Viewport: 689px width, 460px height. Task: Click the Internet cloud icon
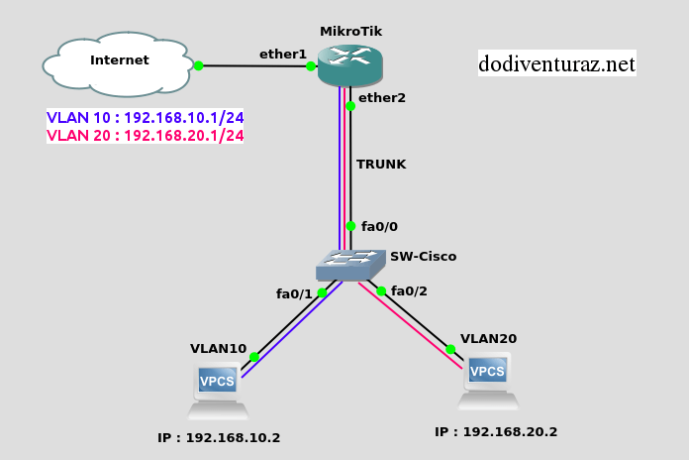click(118, 64)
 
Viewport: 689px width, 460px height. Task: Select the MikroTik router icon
click(350, 65)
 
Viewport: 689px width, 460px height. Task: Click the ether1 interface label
click(283, 54)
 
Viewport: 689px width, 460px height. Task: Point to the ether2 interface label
click(382, 97)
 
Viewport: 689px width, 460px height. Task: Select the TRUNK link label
click(381, 165)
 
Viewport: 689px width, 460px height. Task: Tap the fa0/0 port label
click(379, 227)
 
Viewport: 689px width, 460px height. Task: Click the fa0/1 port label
click(294, 293)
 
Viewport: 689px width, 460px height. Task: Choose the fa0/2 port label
click(409, 290)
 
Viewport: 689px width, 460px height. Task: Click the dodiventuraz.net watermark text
click(556, 64)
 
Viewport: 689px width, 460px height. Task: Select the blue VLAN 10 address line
click(146, 117)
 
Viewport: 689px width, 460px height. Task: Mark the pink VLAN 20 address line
click(146, 136)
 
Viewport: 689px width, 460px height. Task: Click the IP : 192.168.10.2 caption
click(219, 437)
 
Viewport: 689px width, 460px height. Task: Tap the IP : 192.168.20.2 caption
click(496, 431)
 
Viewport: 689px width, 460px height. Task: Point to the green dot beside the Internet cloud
click(198, 65)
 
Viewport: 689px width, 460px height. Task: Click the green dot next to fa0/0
click(350, 226)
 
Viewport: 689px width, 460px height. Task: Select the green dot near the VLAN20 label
click(450, 349)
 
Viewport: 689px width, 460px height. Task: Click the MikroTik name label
click(350, 32)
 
